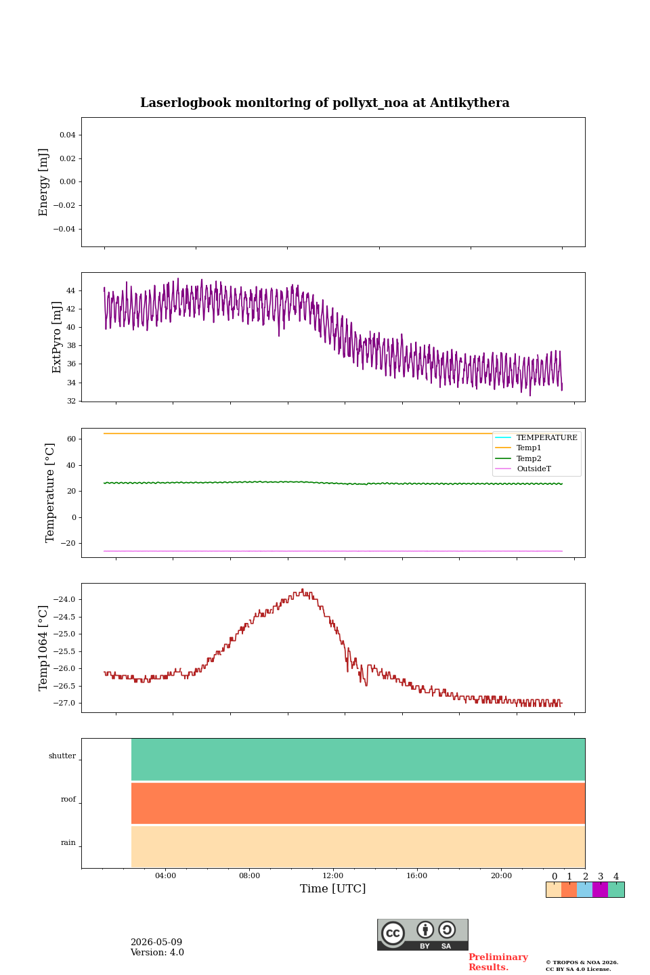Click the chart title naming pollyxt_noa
click(x=324, y=103)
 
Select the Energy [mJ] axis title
click(x=43, y=182)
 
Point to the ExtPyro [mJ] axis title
click(x=56, y=337)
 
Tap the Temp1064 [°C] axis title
click(x=43, y=648)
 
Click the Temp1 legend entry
click(x=529, y=448)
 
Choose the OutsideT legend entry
click(x=534, y=469)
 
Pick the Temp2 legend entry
click(x=529, y=458)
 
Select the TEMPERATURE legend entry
click(x=546, y=437)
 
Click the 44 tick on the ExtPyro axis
click(x=70, y=290)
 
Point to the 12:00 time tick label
click(x=332, y=875)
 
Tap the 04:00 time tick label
click(x=165, y=875)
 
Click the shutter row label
click(x=62, y=756)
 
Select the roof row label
click(x=68, y=799)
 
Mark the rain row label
click(x=68, y=842)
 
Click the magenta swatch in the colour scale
click(x=600, y=889)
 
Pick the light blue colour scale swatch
click(x=584, y=889)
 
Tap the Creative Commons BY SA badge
click(x=422, y=934)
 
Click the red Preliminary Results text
click(x=498, y=961)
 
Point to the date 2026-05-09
click(x=156, y=942)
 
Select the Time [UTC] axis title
click(x=332, y=888)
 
